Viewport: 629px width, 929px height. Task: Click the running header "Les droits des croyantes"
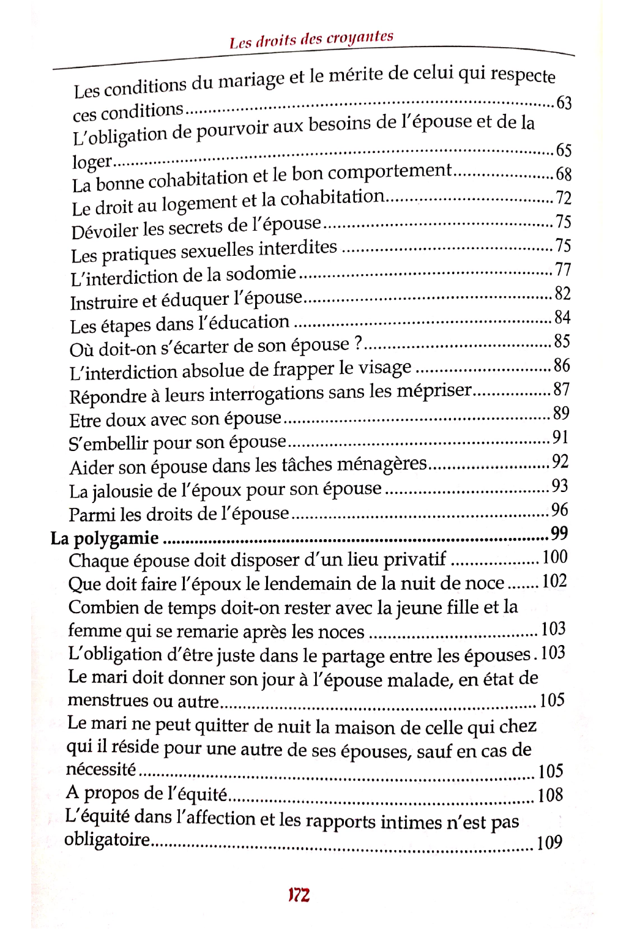311,40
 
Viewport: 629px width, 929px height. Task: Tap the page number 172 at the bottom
299,895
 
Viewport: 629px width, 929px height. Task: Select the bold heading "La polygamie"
105,539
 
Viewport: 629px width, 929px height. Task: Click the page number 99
559,534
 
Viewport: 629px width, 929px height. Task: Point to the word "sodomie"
261,274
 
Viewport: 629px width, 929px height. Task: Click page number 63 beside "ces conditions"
564,102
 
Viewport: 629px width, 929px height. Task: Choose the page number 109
549,843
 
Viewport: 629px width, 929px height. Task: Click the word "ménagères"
381,464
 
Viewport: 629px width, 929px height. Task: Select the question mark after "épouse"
359,344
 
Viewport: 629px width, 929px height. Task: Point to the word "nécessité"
100,769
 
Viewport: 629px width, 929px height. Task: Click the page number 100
555,557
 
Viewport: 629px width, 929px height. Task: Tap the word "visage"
384,367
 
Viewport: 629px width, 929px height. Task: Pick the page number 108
550,795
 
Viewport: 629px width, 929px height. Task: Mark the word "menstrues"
108,700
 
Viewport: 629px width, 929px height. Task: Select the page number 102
554,581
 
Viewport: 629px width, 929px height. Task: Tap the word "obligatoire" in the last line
106,839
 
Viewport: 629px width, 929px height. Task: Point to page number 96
559,510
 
